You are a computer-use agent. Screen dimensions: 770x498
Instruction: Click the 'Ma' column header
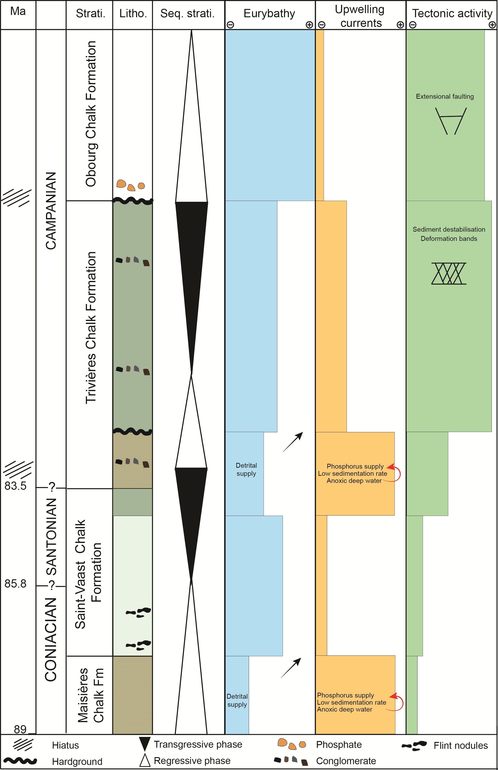(x=18, y=11)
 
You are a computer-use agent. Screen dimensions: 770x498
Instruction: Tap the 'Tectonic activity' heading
(x=452, y=13)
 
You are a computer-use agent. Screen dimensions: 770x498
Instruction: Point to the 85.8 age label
(x=15, y=583)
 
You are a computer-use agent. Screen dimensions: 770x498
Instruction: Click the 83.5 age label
(x=15, y=486)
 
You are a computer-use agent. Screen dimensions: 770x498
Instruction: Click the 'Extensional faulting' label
(x=445, y=96)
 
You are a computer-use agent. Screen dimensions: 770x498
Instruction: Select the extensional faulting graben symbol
(x=451, y=121)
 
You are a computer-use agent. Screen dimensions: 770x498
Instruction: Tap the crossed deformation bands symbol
(x=449, y=273)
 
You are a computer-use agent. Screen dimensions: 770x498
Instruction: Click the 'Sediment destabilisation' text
(x=449, y=229)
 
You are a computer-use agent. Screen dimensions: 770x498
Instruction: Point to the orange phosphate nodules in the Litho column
(x=131, y=185)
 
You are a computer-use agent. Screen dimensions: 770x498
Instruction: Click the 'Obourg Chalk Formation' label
(x=91, y=114)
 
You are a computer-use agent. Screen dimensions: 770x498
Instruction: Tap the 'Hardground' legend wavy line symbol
(x=20, y=761)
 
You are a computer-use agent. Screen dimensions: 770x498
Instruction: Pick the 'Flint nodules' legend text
(x=461, y=745)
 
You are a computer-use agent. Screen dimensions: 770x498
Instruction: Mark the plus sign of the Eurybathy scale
(x=309, y=25)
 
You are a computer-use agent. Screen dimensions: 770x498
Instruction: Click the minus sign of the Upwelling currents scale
(x=321, y=25)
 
